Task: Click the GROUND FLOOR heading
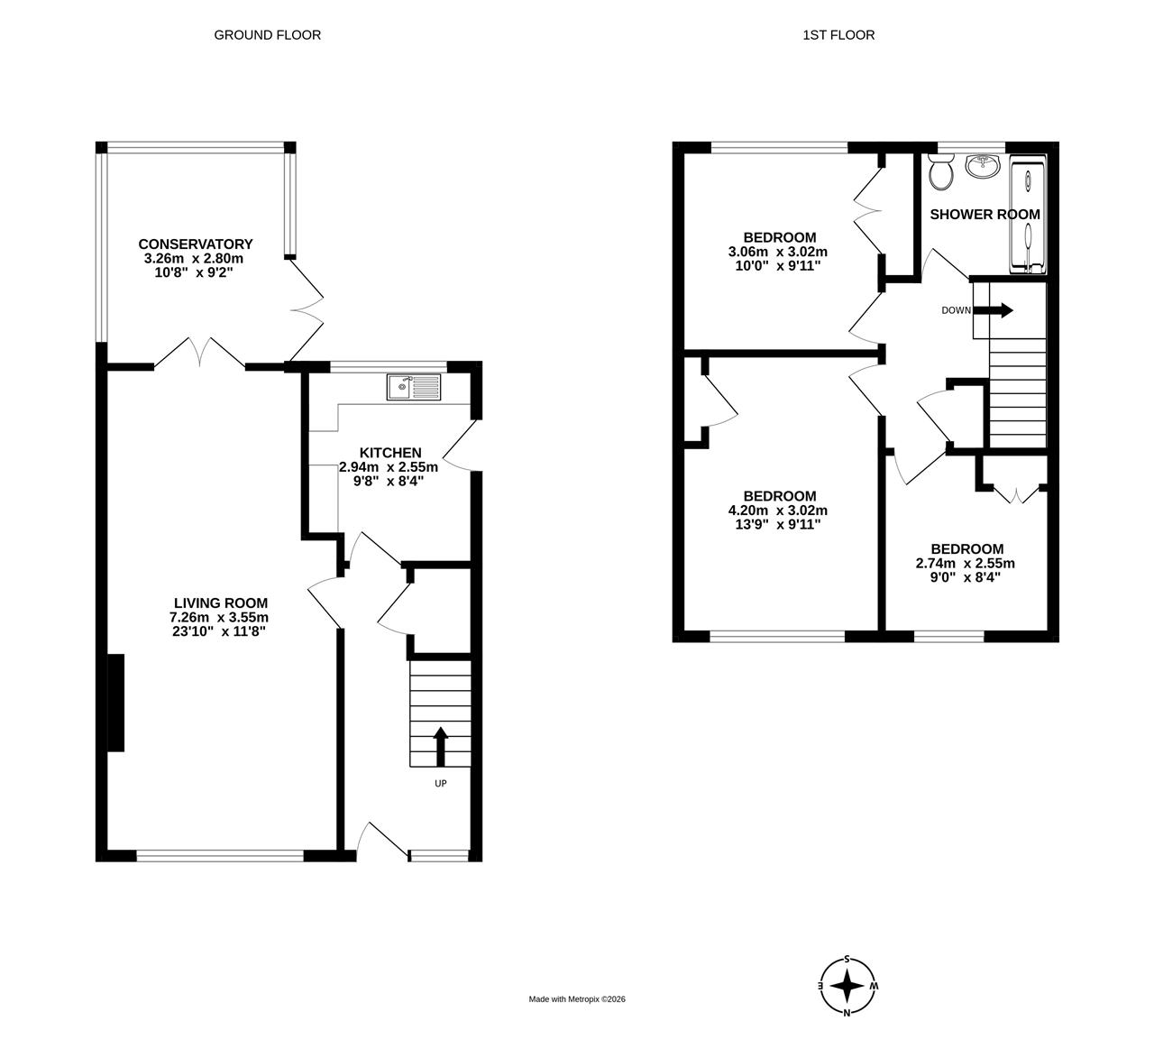[x=268, y=35]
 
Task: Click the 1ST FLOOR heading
[x=838, y=35]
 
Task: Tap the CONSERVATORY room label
[x=196, y=244]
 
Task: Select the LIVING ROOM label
[x=221, y=603]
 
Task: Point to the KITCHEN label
[x=390, y=453]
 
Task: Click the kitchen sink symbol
[x=414, y=387]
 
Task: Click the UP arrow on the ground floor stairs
[x=441, y=746]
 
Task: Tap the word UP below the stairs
[x=441, y=784]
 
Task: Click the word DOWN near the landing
[x=956, y=310]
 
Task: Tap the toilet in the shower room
[x=940, y=171]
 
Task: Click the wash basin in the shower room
[x=985, y=165]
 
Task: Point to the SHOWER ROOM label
[x=985, y=214]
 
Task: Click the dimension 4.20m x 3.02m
[x=778, y=511]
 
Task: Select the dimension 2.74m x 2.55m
[x=966, y=563]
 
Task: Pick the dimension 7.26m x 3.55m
[x=219, y=617]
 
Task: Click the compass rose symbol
[x=847, y=986]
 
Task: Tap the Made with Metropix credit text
[x=577, y=998]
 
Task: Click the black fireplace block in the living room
[x=115, y=703]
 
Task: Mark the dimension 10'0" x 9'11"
[x=778, y=266]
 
